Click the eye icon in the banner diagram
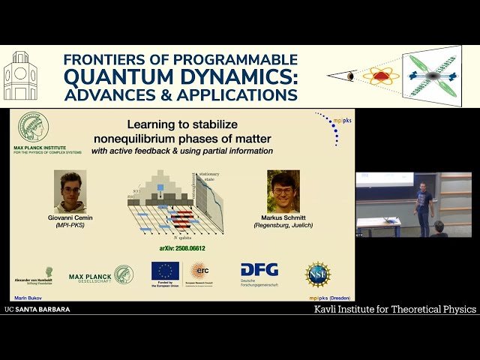[x=351, y=76]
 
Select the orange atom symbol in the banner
[x=381, y=76]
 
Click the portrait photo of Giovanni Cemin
[x=70, y=190]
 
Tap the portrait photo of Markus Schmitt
[x=283, y=190]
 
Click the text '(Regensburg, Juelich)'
[x=283, y=226]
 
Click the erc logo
[x=199, y=270]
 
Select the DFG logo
[x=259, y=271]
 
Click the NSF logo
[x=318, y=274]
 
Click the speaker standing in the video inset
[x=424, y=206]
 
